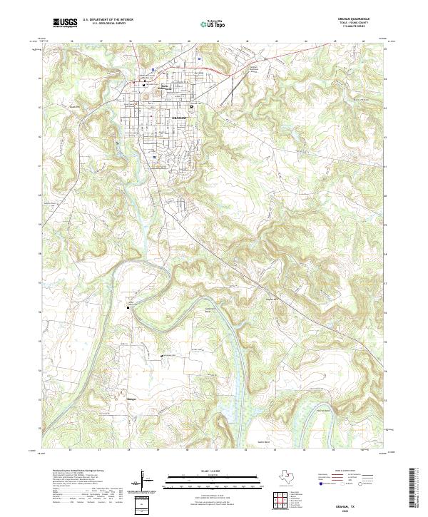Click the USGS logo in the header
65,23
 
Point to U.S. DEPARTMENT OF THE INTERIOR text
108,20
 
